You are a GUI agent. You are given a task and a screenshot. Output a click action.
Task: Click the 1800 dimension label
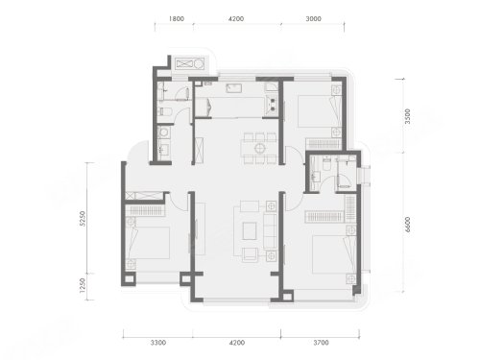(177, 19)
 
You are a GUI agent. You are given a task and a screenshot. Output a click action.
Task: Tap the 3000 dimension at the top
(313, 19)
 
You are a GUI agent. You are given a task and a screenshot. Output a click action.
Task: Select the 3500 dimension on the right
(407, 116)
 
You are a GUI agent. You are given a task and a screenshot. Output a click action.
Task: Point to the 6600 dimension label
(407, 225)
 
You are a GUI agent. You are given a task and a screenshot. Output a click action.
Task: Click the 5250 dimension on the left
(83, 219)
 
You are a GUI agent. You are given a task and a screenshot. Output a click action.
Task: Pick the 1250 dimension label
(83, 285)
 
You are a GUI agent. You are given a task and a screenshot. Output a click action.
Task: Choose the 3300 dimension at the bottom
(158, 343)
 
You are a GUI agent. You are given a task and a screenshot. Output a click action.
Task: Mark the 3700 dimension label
(321, 343)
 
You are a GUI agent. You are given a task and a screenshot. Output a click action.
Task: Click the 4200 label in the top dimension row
(236, 19)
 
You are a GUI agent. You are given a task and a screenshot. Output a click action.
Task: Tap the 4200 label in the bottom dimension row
(237, 343)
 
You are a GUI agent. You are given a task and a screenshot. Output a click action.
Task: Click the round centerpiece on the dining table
(259, 148)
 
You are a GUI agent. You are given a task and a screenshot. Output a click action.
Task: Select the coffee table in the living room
(250, 231)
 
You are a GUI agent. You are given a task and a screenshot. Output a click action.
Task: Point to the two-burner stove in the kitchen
(273, 105)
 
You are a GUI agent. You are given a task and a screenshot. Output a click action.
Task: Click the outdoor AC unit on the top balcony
(190, 63)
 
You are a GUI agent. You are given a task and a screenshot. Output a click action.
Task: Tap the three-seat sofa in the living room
(270, 231)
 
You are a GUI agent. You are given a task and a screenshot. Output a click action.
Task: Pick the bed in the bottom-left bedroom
(148, 243)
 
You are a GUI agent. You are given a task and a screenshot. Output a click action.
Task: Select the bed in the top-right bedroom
(319, 111)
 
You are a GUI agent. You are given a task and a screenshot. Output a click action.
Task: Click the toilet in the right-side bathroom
(327, 163)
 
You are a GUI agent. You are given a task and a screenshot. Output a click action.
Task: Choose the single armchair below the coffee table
(250, 254)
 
